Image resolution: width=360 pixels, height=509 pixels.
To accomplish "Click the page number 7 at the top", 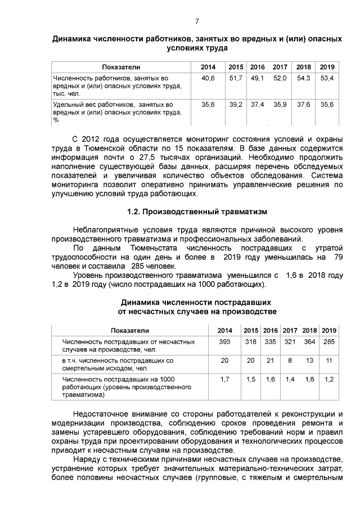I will click(x=197, y=22).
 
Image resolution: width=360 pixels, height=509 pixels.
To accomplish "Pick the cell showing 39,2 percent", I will click(x=236, y=105).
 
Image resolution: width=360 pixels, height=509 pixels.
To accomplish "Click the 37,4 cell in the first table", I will click(x=258, y=105).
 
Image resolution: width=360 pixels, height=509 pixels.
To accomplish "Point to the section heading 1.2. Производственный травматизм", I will click(x=197, y=212).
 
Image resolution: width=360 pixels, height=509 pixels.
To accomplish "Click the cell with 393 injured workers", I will click(x=224, y=341).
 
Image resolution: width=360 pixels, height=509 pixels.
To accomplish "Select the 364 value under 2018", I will click(x=309, y=341).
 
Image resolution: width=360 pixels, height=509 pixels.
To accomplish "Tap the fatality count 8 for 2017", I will click(x=290, y=360).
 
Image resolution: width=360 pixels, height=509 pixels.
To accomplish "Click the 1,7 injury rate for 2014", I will click(x=224, y=379).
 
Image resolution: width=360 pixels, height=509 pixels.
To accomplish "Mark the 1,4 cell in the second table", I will click(x=290, y=379).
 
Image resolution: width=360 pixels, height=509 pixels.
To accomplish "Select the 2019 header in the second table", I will click(x=329, y=330).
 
